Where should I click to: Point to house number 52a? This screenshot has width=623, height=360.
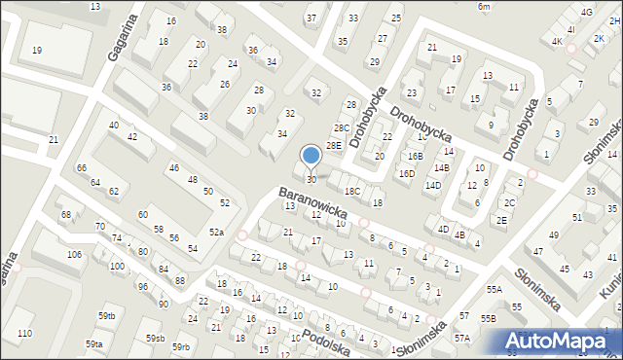pyautogui.click(x=216, y=233)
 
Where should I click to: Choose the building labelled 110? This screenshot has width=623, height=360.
pyautogui.click(x=24, y=333)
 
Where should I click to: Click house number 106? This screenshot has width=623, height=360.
pyautogui.click(x=74, y=254)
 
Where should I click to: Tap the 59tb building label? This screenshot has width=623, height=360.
pyautogui.click(x=106, y=315)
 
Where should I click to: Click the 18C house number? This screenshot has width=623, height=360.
pyautogui.click(x=352, y=191)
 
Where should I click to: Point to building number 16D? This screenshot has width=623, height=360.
pyautogui.click(x=407, y=174)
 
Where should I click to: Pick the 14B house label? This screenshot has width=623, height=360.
pyautogui.click(x=442, y=167)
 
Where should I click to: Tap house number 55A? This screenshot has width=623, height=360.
pyautogui.click(x=494, y=290)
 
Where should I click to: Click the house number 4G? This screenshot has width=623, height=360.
pyautogui.click(x=585, y=12)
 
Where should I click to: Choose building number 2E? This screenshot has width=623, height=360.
pyautogui.click(x=501, y=220)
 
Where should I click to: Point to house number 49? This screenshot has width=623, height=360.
pyautogui.click(x=554, y=235)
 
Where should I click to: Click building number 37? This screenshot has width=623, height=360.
pyautogui.click(x=311, y=18)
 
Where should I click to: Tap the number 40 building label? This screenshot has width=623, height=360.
pyautogui.click(x=114, y=126)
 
